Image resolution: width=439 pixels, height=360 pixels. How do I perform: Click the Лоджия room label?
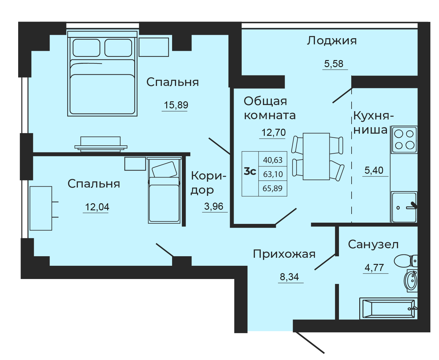[x=332, y=41]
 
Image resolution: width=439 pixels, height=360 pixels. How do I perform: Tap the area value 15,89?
[x=176, y=105]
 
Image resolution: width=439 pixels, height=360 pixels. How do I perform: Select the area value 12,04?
[x=97, y=207]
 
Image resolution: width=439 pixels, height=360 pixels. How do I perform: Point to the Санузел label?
[x=373, y=245]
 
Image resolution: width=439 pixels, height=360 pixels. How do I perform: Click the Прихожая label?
[x=284, y=254]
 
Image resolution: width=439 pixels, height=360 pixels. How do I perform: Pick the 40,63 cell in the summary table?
[x=273, y=160]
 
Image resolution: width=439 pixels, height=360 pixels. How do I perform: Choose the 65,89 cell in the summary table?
[x=272, y=188]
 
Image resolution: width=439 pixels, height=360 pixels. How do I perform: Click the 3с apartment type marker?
[x=250, y=172]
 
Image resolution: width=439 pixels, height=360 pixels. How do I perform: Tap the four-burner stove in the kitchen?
[x=404, y=140]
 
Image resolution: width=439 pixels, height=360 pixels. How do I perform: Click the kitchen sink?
[x=404, y=207]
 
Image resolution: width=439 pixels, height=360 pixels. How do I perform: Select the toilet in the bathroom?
[x=406, y=261]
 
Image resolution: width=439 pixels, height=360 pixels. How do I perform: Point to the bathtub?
[x=389, y=309]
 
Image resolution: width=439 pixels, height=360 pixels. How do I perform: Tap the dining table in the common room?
[x=316, y=156]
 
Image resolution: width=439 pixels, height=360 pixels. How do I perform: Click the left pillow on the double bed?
[x=87, y=48]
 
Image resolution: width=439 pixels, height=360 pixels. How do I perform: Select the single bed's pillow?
[x=164, y=169]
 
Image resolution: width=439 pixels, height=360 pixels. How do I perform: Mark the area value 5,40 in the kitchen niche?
[x=374, y=170]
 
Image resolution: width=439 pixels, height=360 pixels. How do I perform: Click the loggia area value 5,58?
[x=334, y=64]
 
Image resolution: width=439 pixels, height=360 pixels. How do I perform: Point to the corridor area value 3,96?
[x=214, y=206]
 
